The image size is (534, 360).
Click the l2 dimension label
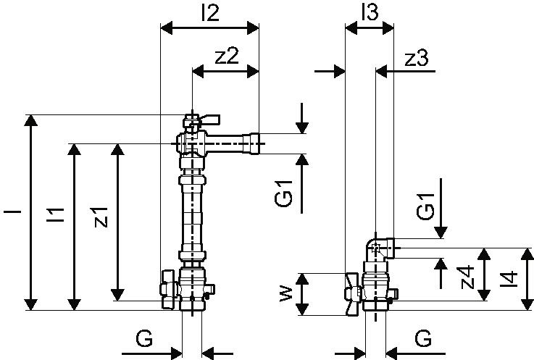click(210, 13)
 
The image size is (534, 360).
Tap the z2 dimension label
click(227, 56)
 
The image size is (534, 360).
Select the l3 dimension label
click(370, 12)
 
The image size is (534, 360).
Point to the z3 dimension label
click(416, 58)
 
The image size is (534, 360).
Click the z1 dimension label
click(101, 217)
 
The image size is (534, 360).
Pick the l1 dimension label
click(56, 214)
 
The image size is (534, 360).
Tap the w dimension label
click(286, 293)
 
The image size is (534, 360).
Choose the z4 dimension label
click(467, 277)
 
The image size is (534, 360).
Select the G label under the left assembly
click(144, 338)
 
